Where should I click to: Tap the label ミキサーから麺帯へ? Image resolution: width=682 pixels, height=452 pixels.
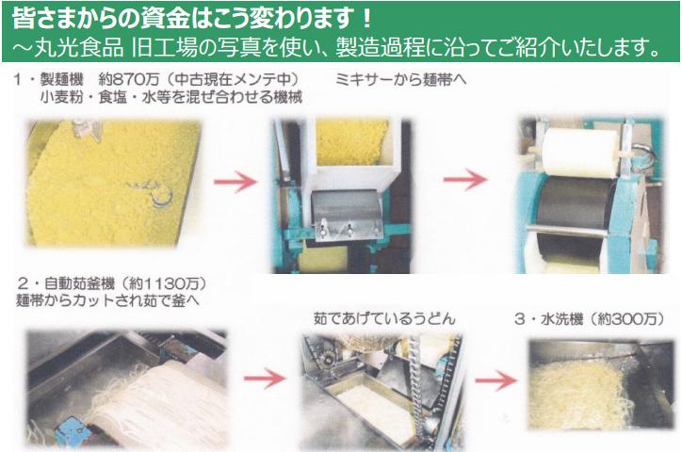pyautogui.click(x=400, y=79)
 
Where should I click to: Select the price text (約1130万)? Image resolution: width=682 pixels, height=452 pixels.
pyautogui.click(x=162, y=283)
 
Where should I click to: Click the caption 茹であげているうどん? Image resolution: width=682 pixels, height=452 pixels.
pyautogui.click(x=384, y=318)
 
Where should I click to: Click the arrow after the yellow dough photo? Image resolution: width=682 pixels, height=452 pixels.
pyautogui.click(x=235, y=181)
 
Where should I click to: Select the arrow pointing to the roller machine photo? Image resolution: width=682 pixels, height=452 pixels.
pyautogui.click(x=465, y=179)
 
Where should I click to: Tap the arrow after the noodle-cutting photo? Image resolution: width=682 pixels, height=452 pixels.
pyautogui.click(x=265, y=378)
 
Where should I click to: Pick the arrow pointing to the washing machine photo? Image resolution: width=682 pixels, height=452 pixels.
pyautogui.click(x=496, y=379)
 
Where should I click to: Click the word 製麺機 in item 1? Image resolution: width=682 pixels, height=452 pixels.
pyautogui.click(x=61, y=79)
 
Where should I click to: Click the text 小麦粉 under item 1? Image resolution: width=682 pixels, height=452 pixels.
pyautogui.click(x=61, y=96)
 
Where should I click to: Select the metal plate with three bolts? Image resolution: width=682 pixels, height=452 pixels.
pyautogui.click(x=347, y=214)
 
